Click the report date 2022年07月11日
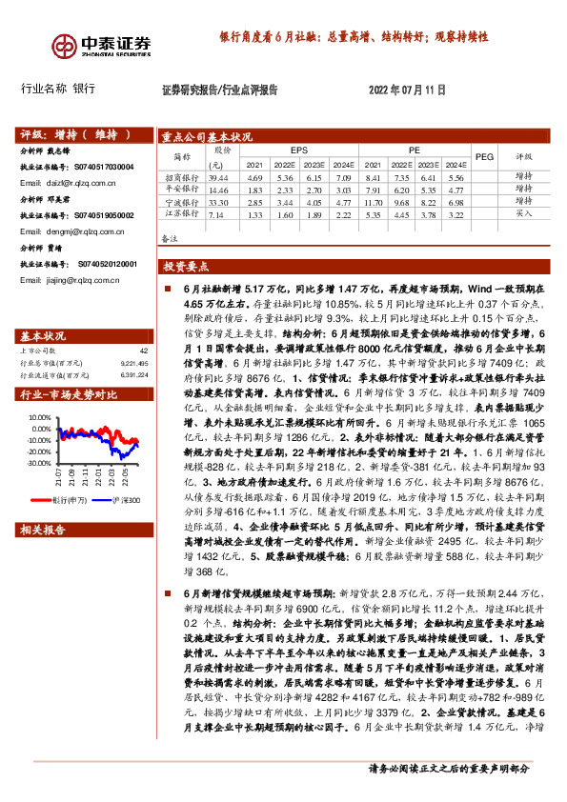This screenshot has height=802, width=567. pyautogui.click(x=407, y=90)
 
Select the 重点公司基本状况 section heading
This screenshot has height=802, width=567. pyautogui.click(x=207, y=136)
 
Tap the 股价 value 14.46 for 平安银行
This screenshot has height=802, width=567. pyautogui.click(x=219, y=190)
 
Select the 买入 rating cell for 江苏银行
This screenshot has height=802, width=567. pyautogui.click(x=523, y=215)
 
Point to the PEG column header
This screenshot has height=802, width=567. pyautogui.click(x=483, y=156)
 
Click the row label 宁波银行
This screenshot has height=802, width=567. pyautogui.click(x=181, y=203)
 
